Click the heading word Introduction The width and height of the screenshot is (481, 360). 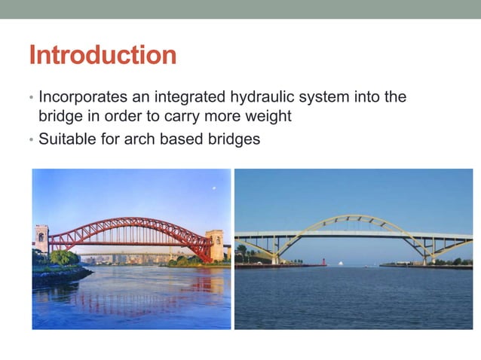tap(103, 55)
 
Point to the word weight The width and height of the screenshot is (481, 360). tap(268, 117)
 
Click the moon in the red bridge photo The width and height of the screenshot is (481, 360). tap(214, 188)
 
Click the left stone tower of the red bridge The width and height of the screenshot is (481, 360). tap(41, 239)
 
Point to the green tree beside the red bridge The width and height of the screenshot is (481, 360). tap(65, 258)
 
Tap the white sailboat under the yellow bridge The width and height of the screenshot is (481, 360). tap(341, 263)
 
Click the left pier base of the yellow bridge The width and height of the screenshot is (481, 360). tap(275, 260)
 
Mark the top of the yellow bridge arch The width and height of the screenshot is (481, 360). tap(354, 217)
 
